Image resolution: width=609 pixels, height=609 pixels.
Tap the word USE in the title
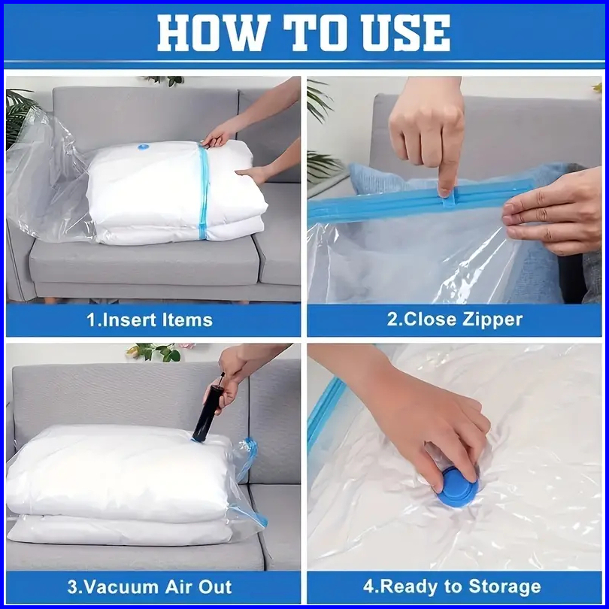406,33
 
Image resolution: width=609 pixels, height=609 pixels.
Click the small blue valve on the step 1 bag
143,147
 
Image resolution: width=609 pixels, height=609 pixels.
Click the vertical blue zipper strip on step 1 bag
204,192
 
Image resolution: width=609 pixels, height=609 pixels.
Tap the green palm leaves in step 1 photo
19,114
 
